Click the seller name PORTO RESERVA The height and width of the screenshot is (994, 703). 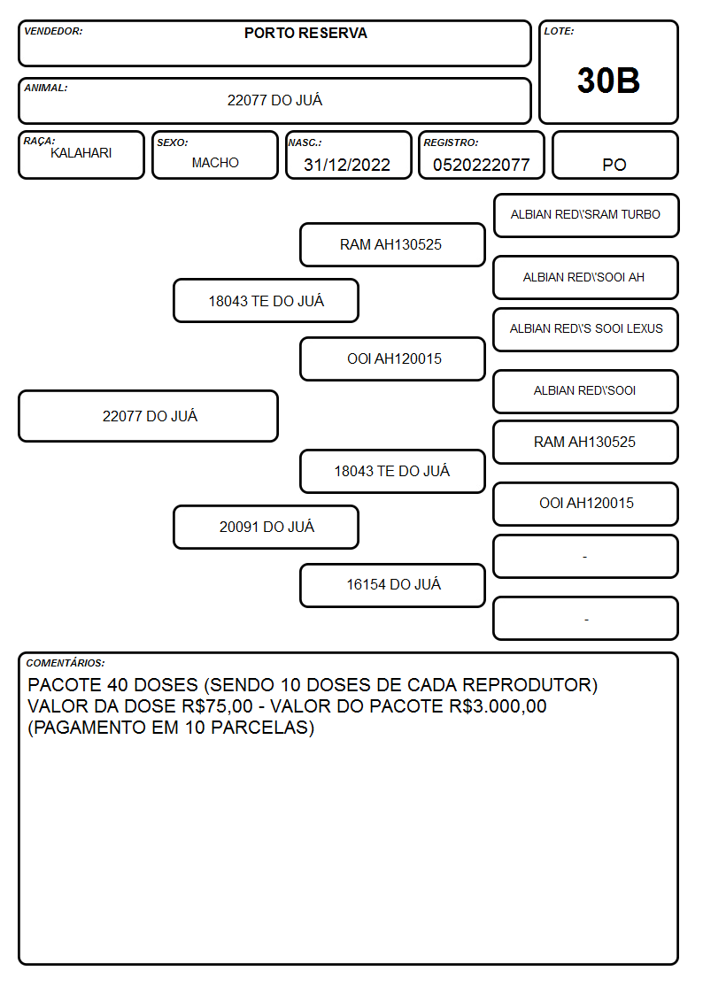(305, 33)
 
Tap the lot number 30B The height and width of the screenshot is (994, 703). (608, 81)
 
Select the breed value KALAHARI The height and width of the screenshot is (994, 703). (81, 153)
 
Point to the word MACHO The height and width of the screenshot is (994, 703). (215, 163)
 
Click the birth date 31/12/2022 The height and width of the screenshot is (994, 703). (347, 165)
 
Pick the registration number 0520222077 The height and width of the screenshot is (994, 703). (481, 165)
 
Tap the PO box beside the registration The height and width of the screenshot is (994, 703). (614, 155)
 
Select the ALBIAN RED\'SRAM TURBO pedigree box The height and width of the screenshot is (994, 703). (586, 216)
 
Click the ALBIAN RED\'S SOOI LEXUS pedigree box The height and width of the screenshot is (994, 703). (586, 329)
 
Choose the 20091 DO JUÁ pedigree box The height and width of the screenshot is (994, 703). (267, 527)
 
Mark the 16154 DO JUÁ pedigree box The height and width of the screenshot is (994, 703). (393, 585)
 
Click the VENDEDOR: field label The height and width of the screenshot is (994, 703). (53, 31)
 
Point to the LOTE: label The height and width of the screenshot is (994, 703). (559, 31)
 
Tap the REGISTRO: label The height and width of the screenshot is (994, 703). (452, 143)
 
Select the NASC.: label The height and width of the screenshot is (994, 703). (305, 143)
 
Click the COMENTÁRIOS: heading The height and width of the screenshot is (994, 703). (66, 663)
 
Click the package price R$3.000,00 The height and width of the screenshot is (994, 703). (498, 706)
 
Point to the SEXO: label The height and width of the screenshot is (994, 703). (173, 143)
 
